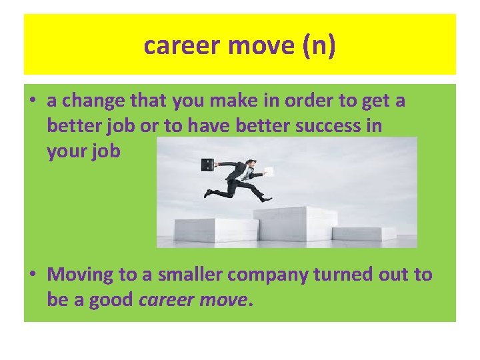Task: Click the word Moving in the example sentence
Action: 81,274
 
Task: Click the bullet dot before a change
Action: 33,102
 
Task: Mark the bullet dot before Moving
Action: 33,275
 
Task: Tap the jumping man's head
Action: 249,164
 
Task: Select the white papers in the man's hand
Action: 267,171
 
